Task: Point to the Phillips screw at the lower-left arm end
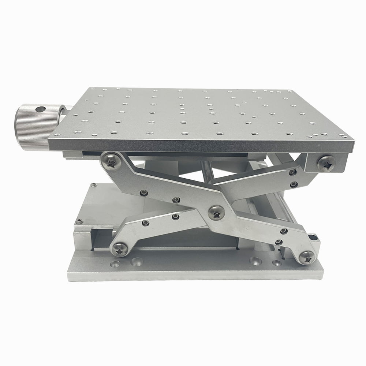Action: tap(120, 249)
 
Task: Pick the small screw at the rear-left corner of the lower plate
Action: tap(94, 185)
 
